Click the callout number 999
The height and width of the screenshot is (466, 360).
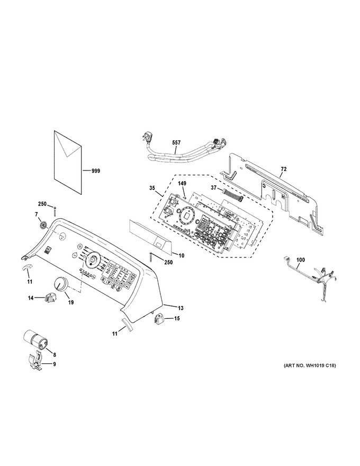96,171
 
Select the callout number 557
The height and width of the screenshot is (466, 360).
176,143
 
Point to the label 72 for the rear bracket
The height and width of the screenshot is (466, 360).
284,169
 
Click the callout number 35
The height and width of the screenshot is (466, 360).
152,188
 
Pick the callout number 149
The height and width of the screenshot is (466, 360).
182,184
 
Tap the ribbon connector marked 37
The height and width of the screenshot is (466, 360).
234,195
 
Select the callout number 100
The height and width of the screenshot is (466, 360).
301,260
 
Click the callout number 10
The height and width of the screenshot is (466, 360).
182,255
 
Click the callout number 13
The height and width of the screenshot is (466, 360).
181,308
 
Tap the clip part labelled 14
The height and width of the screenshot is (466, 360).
50,297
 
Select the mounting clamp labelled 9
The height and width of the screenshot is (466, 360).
36,361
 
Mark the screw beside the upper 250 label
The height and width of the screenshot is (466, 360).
55,212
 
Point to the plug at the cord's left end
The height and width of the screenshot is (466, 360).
145,138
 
